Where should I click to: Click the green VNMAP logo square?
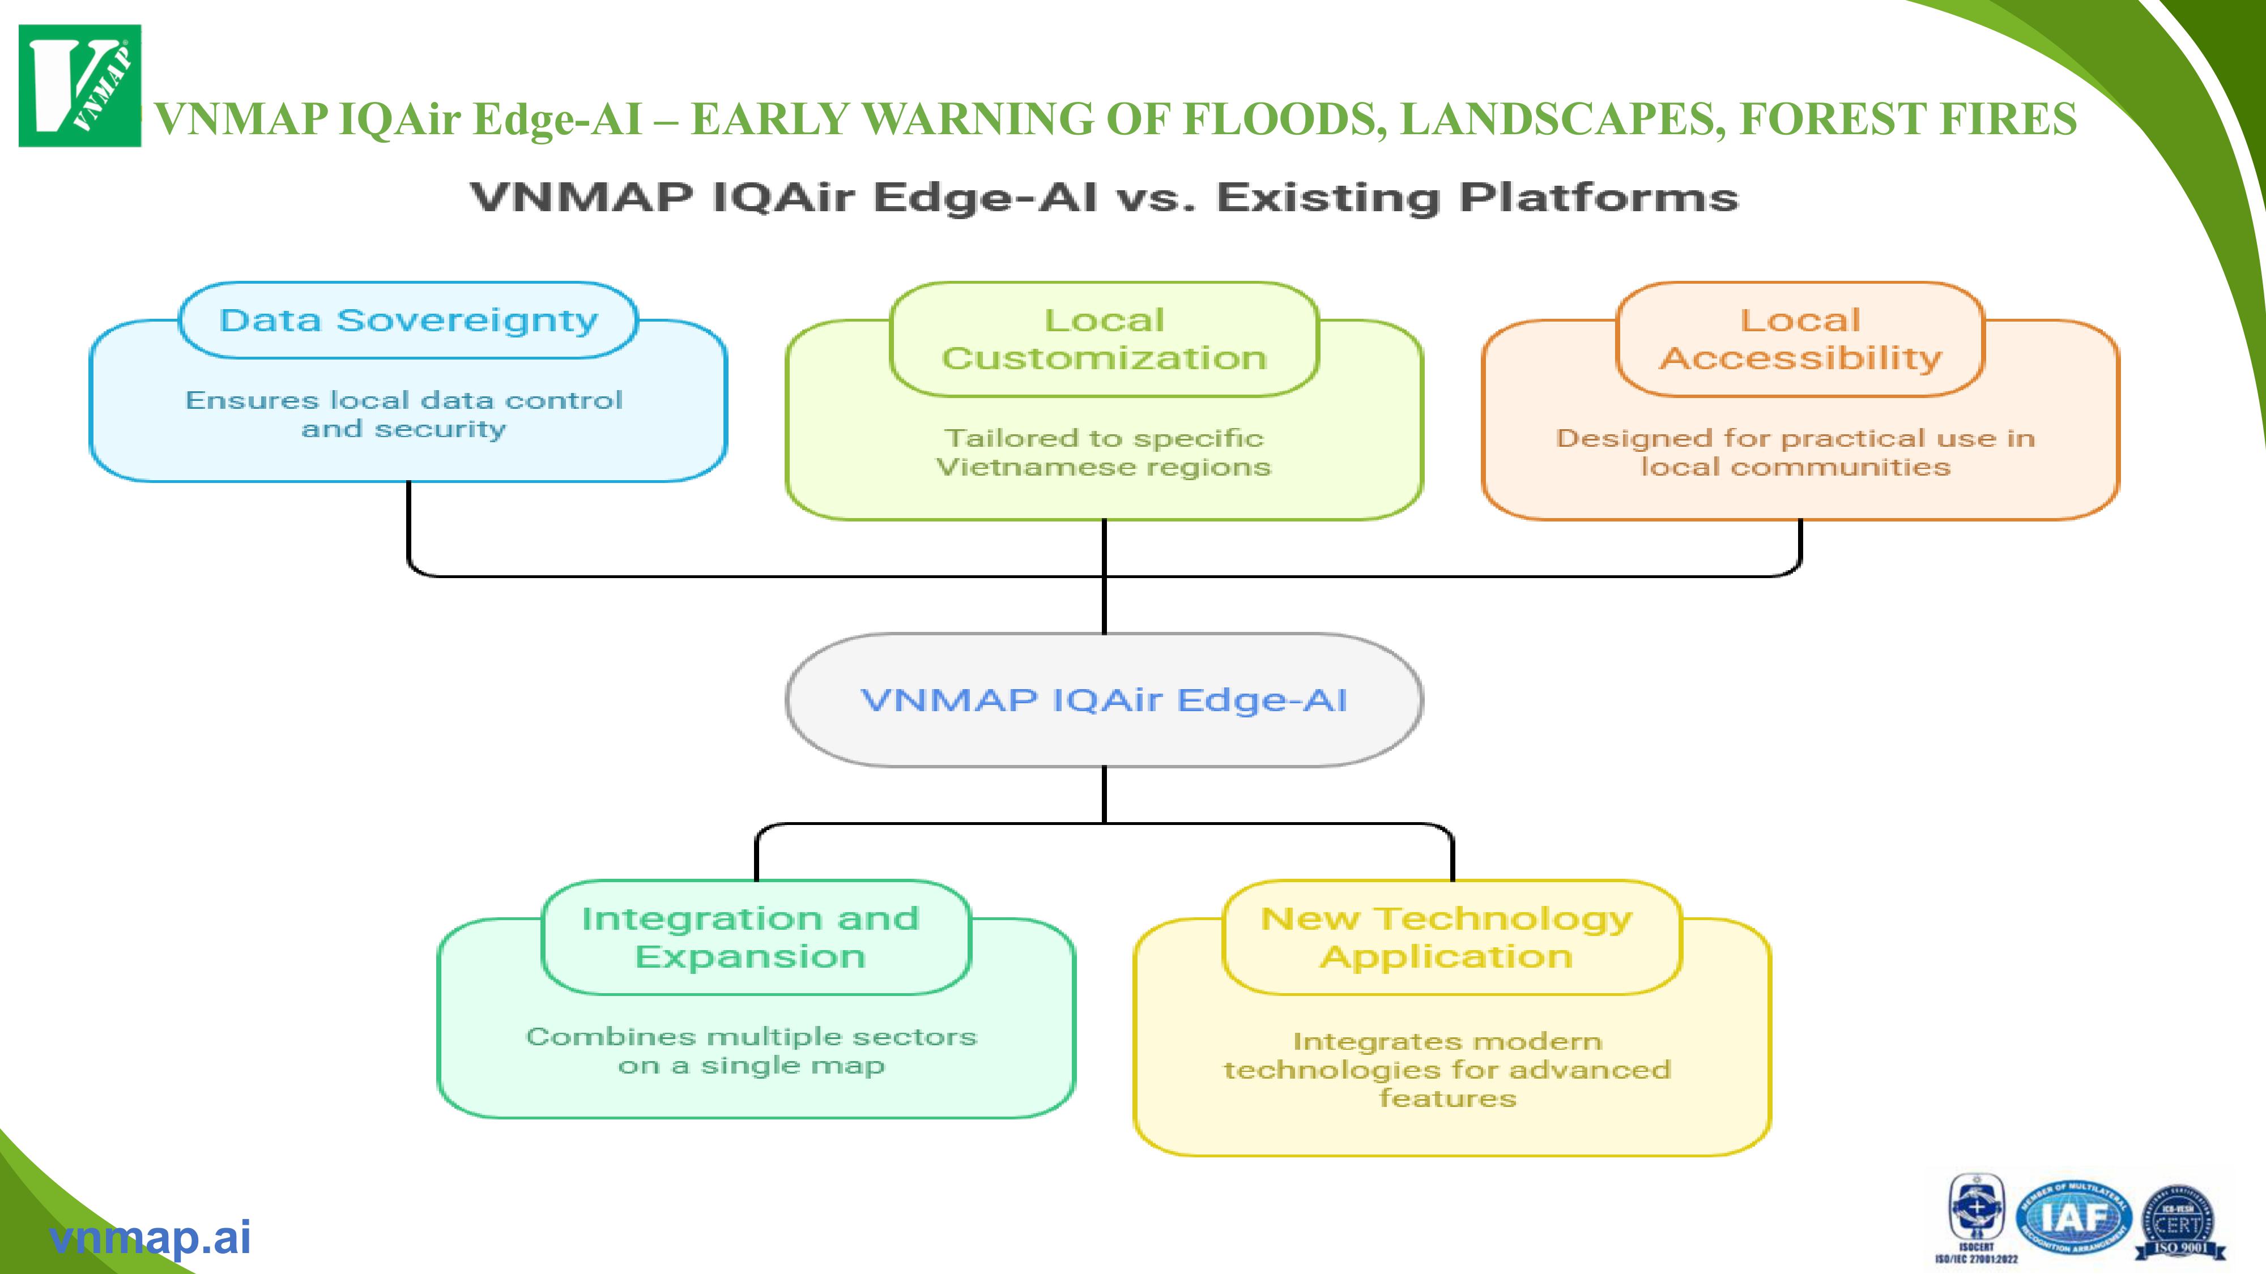pos(79,85)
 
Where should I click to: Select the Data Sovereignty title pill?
pos(408,320)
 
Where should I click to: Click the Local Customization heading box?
pos(1104,339)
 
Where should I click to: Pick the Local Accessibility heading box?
pos(1800,339)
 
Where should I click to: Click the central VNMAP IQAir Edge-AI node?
pos(1104,700)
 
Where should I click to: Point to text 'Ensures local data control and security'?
pos(404,414)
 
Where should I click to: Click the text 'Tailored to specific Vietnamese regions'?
pos(1104,452)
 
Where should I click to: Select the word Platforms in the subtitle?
pos(1598,197)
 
